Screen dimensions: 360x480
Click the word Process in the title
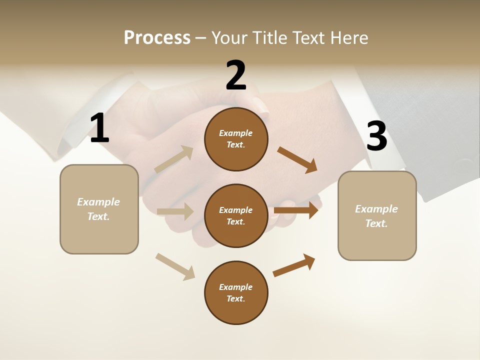pyautogui.click(x=157, y=37)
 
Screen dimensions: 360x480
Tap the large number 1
pyautogui.click(x=99, y=128)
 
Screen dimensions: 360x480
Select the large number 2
pyautogui.click(x=236, y=75)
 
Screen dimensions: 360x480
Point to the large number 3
pyautogui.click(x=376, y=136)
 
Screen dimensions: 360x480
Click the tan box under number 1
pyautogui.click(x=99, y=209)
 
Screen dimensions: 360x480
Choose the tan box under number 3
pyautogui.click(x=377, y=216)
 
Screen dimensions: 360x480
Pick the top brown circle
pyautogui.click(x=236, y=139)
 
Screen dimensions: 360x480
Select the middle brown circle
pyautogui.click(x=236, y=215)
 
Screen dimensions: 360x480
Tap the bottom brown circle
pyautogui.click(x=236, y=292)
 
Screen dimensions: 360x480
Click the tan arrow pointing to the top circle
pyautogui.click(x=173, y=159)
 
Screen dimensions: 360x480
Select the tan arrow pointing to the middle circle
pyautogui.click(x=175, y=211)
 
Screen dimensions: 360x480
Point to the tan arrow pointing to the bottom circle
pyautogui.click(x=175, y=266)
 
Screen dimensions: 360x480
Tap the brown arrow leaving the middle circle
pyautogui.click(x=296, y=210)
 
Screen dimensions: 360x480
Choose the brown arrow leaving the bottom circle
pyautogui.click(x=294, y=265)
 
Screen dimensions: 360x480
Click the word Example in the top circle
pyautogui.click(x=235, y=133)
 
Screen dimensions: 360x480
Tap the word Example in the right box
pyautogui.click(x=376, y=209)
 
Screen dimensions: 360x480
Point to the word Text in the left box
pyautogui.click(x=98, y=216)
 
